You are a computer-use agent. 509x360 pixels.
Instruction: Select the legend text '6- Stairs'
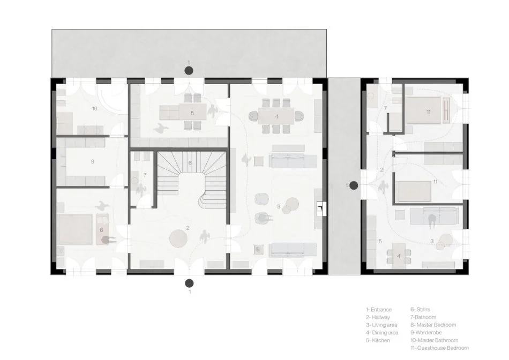point(420,309)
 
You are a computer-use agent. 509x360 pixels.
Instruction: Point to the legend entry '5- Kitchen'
point(378,340)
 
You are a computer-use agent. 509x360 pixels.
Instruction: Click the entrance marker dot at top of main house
point(188,70)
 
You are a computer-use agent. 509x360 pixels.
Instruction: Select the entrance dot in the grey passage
point(354,185)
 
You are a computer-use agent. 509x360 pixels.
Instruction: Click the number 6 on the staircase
point(190,163)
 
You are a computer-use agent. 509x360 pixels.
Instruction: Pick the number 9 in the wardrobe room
point(92,161)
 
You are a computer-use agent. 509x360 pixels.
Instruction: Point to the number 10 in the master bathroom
point(94,109)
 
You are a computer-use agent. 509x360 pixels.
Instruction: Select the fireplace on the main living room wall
point(320,207)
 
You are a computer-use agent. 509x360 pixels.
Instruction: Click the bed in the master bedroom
point(75,229)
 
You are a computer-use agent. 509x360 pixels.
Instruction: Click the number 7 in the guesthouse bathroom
point(385,108)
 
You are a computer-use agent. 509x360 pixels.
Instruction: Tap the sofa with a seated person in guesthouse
point(433,217)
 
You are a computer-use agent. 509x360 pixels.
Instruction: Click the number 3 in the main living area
point(279,206)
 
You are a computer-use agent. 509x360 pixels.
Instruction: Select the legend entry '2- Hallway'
point(379,317)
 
